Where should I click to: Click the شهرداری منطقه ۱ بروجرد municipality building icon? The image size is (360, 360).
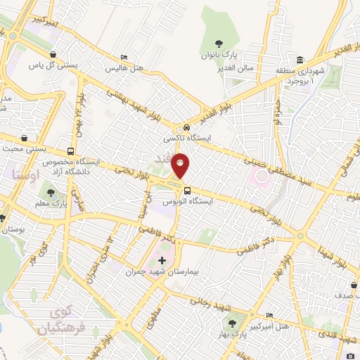300,58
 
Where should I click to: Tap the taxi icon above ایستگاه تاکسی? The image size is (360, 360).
186,127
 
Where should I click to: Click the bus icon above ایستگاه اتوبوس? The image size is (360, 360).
186,190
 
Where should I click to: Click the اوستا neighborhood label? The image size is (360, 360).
27,172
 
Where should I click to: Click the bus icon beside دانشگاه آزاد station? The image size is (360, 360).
70,151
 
